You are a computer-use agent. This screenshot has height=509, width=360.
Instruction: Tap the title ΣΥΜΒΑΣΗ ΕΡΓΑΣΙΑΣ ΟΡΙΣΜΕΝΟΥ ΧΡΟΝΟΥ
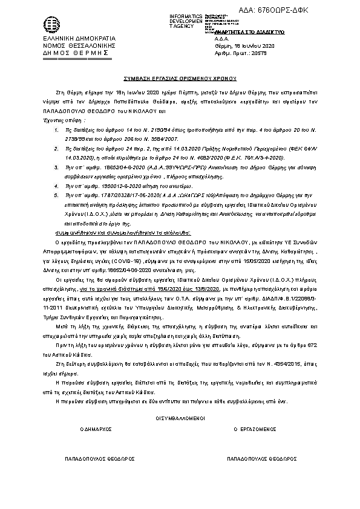[x=180, y=79]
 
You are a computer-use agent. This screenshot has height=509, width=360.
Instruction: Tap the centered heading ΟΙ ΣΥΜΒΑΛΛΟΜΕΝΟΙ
[x=180, y=418]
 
